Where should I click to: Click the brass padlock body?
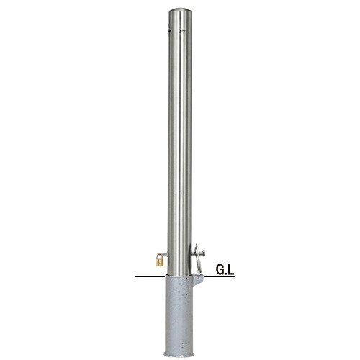pos(159,262)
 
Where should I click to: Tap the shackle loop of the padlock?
pos(159,256)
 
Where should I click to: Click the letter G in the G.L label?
pos(220,270)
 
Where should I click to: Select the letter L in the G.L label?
pos(230,270)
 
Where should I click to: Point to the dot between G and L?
pos(225,274)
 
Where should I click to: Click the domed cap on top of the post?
pos(180,12)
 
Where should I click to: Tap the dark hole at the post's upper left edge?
pos(169,30)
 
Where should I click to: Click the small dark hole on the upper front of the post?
pos(184,30)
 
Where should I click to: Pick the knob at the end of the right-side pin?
pos(204,253)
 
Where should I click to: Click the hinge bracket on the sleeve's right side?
pos(197,279)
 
